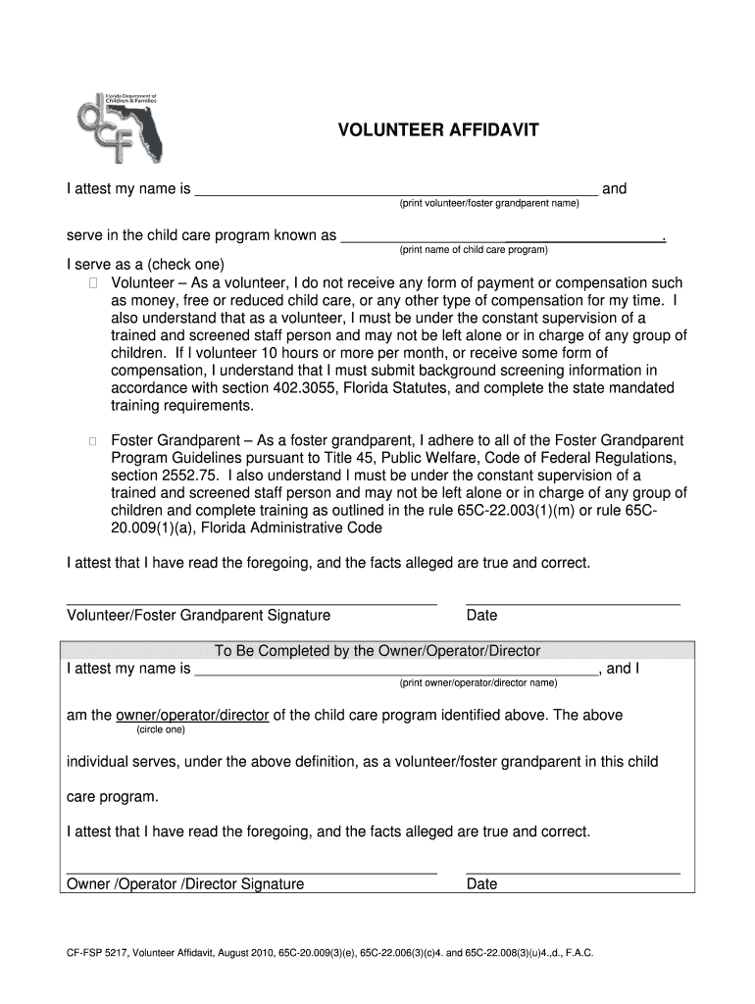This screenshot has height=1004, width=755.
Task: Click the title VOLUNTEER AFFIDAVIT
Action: click(437, 130)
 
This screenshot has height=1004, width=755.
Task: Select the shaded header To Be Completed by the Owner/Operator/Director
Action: click(377, 651)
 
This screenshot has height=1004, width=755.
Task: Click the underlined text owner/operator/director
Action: click(192, 715)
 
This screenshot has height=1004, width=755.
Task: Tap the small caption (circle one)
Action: click(159, 729)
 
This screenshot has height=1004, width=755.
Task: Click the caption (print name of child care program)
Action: click(473, 250)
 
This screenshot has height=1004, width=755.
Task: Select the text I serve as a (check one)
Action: click(145, 266)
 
